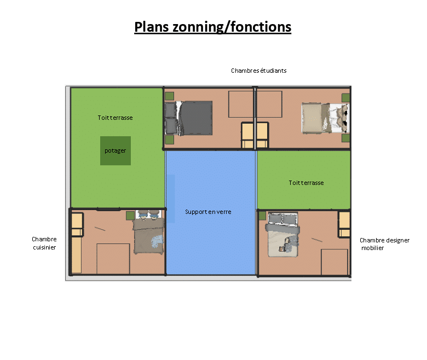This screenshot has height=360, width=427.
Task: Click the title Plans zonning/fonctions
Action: coord(213,27)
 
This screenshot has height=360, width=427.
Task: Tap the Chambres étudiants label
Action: coord(259,71)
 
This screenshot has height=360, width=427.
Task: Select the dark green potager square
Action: coord(116,151)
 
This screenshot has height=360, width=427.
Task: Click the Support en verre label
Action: coord(208,212)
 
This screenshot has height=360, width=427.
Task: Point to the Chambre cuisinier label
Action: coord(44,243)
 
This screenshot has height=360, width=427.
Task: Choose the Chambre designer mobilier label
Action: coord(384,244)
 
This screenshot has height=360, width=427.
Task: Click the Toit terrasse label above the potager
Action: coord(115,118)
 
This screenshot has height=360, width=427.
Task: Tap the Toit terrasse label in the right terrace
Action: coord(306,183)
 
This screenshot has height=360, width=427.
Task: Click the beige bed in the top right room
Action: coord(325,118)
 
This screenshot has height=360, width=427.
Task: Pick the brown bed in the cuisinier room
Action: coord(149,231)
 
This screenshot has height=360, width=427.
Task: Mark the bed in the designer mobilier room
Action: coord(282,235)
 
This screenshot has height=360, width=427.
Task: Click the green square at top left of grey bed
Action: coord(169,96)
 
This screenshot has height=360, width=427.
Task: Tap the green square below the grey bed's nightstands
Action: coord(169,140)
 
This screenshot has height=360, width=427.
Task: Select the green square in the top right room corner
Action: coord(345,98)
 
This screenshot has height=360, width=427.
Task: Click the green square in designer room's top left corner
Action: coord(262,216)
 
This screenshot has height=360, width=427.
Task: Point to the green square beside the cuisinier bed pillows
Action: coord(130,216)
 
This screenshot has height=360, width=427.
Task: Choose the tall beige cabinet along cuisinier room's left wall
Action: coord(76,255)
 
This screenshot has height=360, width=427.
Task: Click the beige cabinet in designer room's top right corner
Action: coord(344,224)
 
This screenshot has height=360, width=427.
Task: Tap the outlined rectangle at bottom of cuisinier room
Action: coord(113,259)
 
